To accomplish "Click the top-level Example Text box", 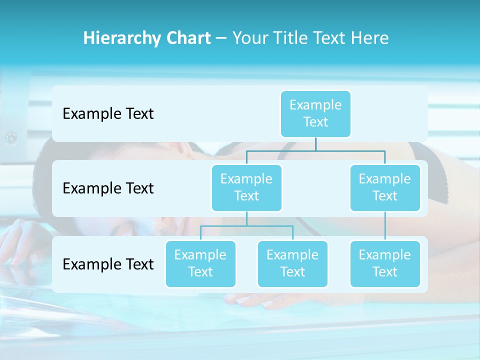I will [x=315, y=113].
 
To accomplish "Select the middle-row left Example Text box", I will [x=246, y=187].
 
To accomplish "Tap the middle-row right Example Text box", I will [x=385, y=187].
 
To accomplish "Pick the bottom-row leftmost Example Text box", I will [x=200, y=263].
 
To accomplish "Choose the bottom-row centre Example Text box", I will [x=292, y=263].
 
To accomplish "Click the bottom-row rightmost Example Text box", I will [x=385, y=263].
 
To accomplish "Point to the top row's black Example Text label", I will [x=108, y=114].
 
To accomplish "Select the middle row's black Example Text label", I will [x=108, y=188].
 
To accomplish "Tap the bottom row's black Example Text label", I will [x=108, y=264].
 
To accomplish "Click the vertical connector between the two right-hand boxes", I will [x=385, y=226].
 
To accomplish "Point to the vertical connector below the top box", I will [x=315, y=144].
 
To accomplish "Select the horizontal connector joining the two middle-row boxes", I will [x=315, y=150].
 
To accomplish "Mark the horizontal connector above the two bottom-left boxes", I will [x=246, y=226].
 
